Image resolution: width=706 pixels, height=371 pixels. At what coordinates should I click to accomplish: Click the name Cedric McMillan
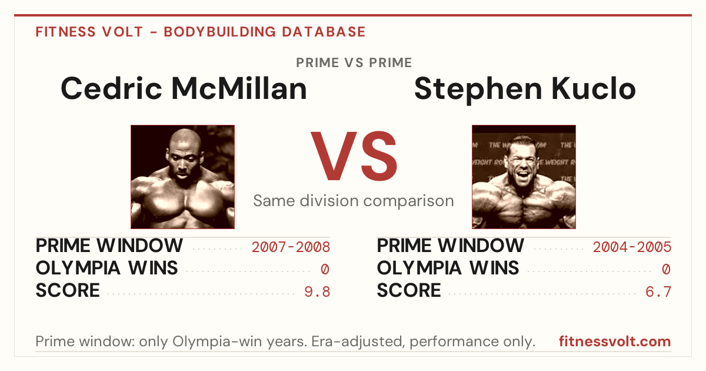click(x=184, y=89)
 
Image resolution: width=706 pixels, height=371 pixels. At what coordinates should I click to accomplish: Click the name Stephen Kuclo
click(x=525, y=90)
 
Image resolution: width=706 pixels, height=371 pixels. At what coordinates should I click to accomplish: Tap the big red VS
click(x=354, y=156)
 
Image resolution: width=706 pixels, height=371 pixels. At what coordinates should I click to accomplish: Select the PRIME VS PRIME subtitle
click(x=354, y=63)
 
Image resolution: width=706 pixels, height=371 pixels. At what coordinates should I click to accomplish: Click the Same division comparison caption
click(x=354, y=201)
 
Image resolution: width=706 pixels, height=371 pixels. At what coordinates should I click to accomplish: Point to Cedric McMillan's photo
click(x=183, y=177)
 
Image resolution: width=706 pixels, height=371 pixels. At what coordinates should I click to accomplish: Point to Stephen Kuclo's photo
click(x=524, y=177)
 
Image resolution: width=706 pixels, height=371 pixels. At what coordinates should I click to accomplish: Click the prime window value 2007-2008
click(x=291, y=247)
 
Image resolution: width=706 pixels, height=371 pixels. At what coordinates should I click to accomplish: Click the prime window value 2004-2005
click(x=632, y=247)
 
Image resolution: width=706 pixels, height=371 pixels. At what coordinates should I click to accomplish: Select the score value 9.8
click(x=317, y=292)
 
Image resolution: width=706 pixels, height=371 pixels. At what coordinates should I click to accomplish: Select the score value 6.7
click(x=658, y=292)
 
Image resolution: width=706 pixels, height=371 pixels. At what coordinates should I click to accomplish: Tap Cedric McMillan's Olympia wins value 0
click(x=325, y=270)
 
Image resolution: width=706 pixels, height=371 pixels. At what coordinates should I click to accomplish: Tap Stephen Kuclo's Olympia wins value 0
click(x=666, y=270)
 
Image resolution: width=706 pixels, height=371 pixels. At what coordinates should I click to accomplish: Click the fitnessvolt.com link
click(x=615, y=342)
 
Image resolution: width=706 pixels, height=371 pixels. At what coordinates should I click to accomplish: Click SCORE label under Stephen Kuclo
click(x=409, y=290)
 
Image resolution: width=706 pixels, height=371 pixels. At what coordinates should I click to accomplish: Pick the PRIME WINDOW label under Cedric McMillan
click(x=109, y=246)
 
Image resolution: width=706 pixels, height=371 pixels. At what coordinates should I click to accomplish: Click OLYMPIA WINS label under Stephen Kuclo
click(x=448, y=268)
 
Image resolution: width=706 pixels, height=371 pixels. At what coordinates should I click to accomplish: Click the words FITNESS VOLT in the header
click(x=89, y=32)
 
